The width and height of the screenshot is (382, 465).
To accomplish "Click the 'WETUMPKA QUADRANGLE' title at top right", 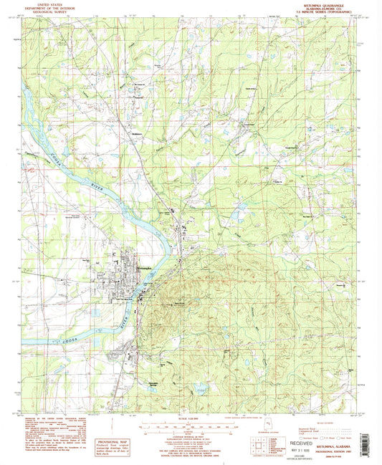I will [x=328, y=4].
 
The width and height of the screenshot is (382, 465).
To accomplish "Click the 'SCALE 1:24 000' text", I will [x=191, y=417].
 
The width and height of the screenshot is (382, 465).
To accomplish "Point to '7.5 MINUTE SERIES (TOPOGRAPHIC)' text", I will [x=328, y=13].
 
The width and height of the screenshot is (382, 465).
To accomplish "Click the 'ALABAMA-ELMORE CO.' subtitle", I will [x=328, y=9].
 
